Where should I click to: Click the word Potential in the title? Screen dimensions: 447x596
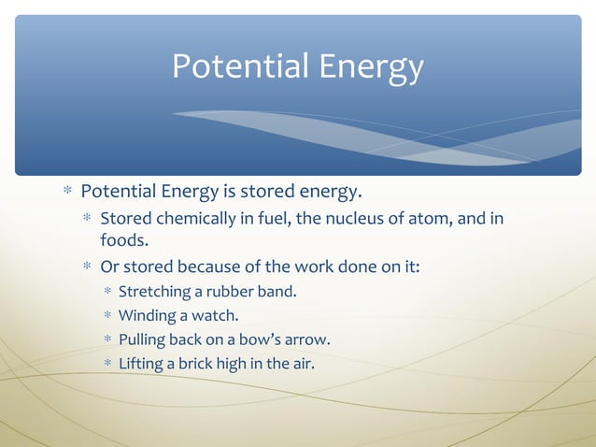[x=238, y=66]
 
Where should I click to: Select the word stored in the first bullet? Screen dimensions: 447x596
[x=260, y=193]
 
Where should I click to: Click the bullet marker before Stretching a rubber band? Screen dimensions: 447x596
[x=107, y=292]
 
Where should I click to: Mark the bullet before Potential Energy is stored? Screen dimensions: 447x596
[x=67, y=193]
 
